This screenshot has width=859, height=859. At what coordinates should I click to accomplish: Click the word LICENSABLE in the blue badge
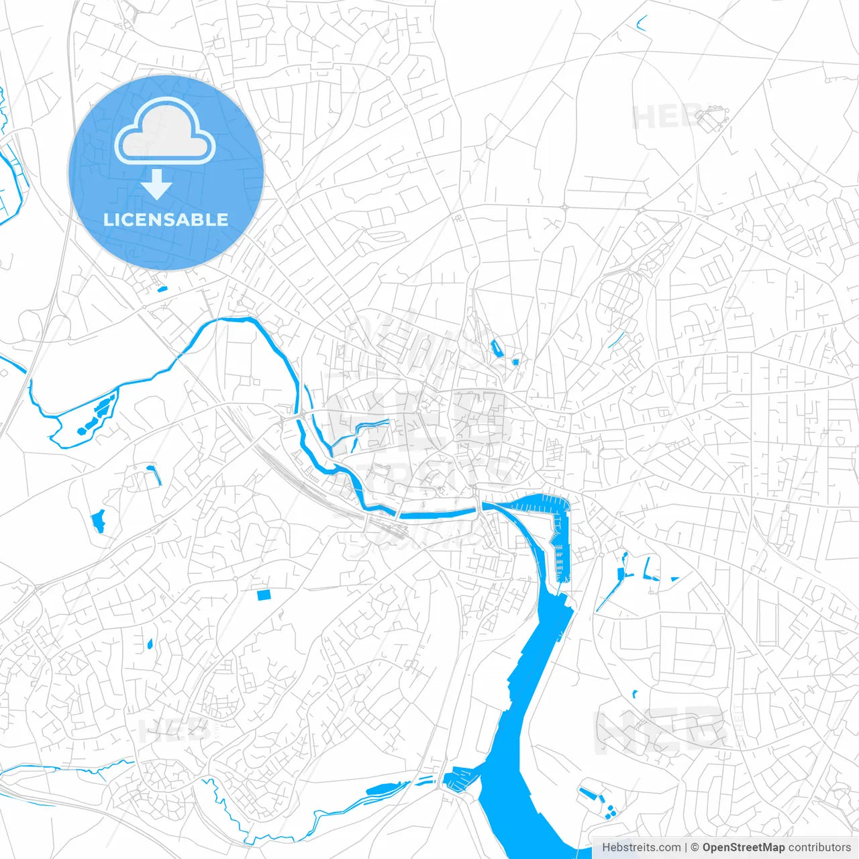pos(166,219)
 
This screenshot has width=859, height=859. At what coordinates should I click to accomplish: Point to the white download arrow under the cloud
pos(157,184)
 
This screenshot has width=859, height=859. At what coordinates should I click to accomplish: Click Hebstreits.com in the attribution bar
pos(641,848)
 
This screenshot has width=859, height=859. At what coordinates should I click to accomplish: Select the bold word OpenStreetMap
pos(743,848)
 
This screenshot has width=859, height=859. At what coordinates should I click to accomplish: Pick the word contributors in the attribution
pos(819,848)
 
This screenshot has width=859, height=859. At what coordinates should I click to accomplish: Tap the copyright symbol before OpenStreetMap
pos(695,848)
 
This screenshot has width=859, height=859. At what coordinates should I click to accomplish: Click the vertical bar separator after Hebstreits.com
pos(686,848)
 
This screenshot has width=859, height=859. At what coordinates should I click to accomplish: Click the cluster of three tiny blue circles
pos(610,813)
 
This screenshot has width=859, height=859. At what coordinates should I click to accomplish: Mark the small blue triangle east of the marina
pos(674,578)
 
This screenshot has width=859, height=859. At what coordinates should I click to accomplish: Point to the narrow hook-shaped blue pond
pos(156,473)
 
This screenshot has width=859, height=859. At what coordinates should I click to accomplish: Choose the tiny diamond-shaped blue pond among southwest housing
pos(150,645)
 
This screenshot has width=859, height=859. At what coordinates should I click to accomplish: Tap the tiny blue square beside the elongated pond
pos(515,362)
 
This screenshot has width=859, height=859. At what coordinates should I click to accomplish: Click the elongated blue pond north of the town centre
pos(497,348)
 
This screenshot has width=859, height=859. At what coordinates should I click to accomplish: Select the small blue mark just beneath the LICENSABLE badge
pos(161,289)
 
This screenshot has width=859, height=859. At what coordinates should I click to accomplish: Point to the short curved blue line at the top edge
pos(642,24)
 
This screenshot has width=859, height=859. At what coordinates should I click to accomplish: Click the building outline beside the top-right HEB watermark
pos(711,119)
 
